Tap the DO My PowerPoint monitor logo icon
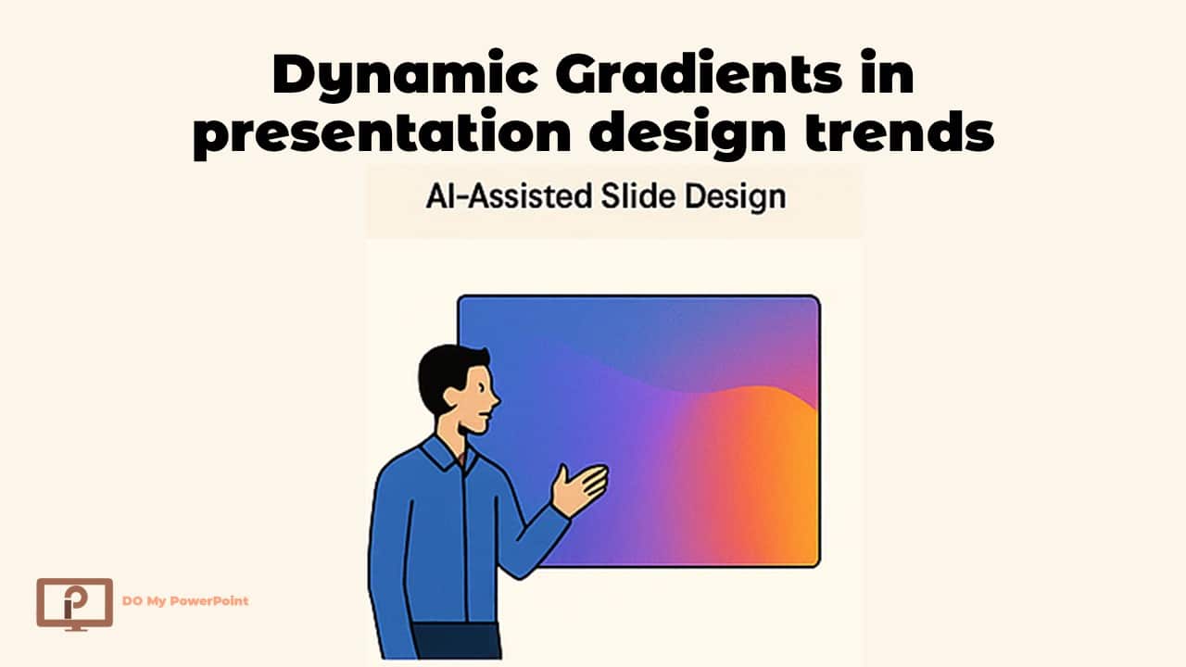(74, 602)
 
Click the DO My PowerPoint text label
(185, 601)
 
